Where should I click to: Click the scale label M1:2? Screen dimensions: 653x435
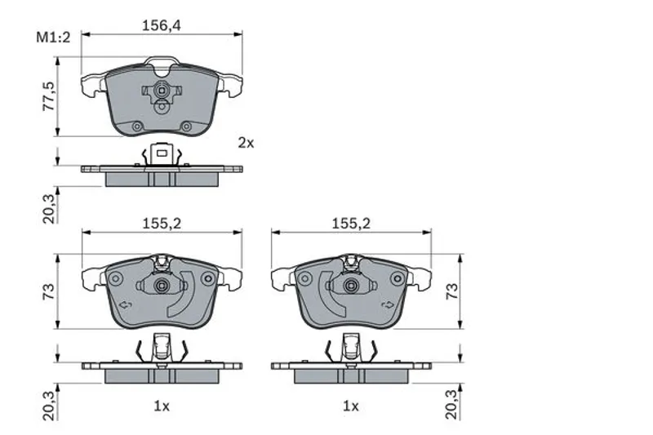(53, 38)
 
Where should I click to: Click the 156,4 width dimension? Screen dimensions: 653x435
(162, 25)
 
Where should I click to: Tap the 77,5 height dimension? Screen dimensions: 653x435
(49, 96)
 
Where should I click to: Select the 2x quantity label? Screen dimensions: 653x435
(246, 143)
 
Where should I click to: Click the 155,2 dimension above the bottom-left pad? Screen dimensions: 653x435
(162, 224)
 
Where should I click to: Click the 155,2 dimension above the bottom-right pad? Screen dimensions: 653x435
(351, 224)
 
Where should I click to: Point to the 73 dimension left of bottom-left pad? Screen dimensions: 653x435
(49, 291)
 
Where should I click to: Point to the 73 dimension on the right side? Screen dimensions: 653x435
(452, 291)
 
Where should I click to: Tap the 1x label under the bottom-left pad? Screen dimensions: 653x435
(162, 406)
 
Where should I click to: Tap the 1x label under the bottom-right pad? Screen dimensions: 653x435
(351, 406)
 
